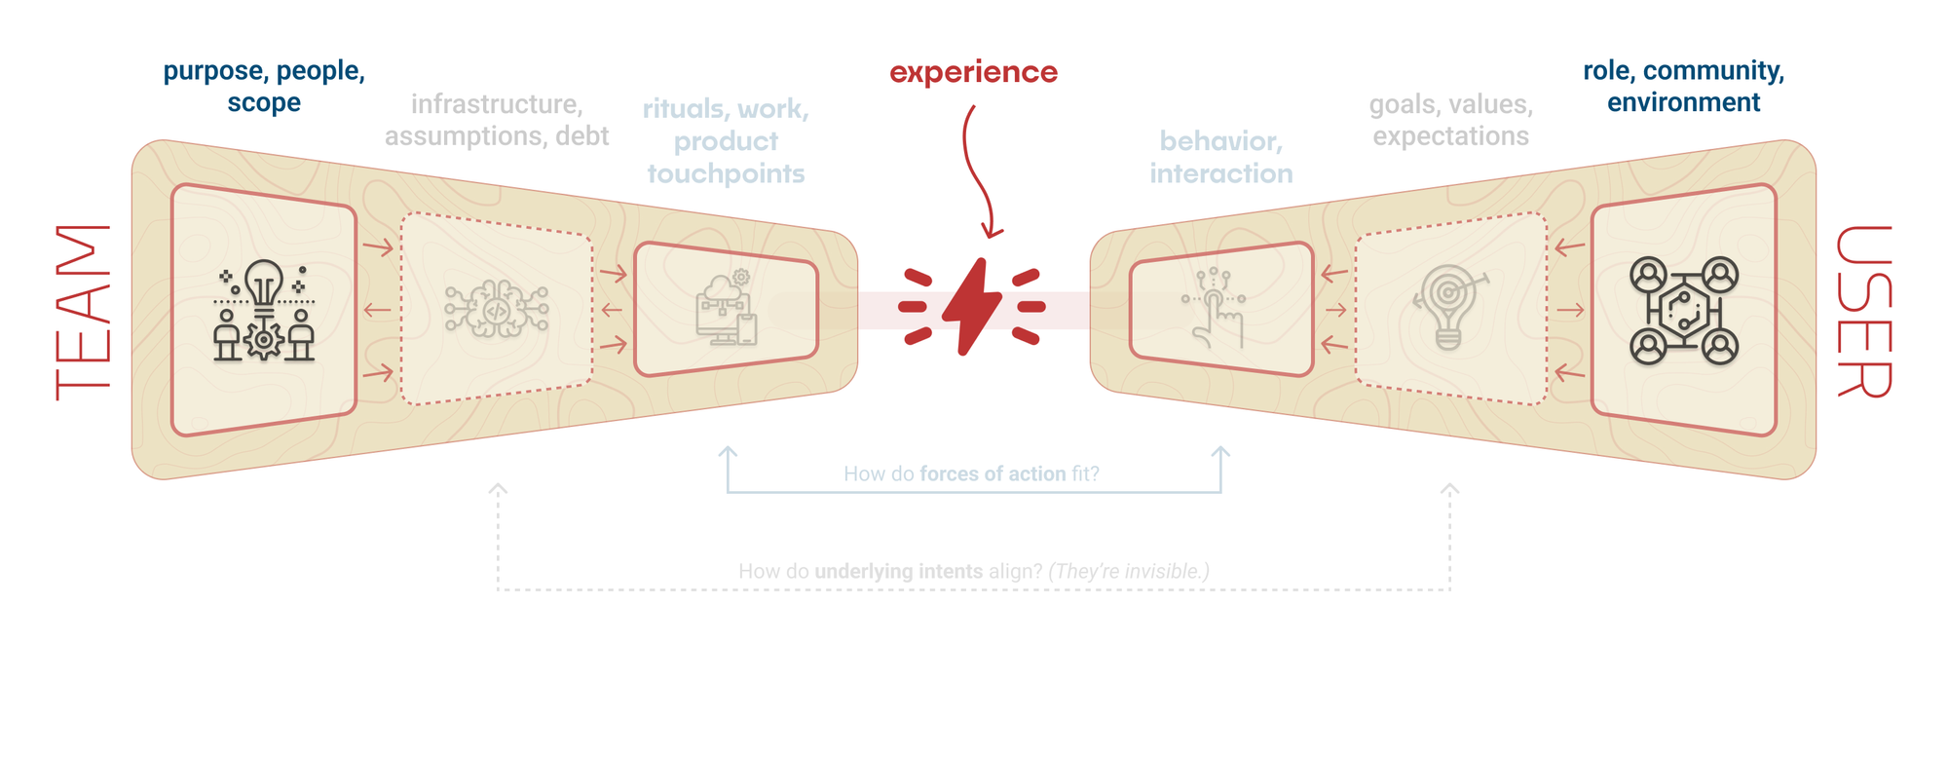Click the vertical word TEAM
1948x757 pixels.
(x=83, y=312)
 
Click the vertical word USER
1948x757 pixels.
(x=1863, y=312)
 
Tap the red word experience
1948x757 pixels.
(x=973, y=72)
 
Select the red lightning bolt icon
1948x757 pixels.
(x=972, y=307)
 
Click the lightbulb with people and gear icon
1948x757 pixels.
(x=264, y=311)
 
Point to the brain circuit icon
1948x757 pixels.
(x=496, y=309)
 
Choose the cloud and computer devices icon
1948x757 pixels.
(x=727, y=308)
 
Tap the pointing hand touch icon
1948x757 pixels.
(x=1216, y=308)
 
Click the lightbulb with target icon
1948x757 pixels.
(x=1449, y=306)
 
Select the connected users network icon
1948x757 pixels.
(x=1684, y=311)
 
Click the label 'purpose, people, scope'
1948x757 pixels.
(x=264, y=87)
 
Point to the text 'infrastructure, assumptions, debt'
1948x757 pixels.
(x=497, y=120)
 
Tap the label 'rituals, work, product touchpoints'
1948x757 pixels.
(x=726, y=141)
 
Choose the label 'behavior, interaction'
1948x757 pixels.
(x=1221, y=157)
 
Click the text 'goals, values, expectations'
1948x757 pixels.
(x=1450, y=120)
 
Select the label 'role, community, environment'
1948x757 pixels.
(x=1683, y=87)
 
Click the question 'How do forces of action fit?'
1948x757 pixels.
(x=971, y=474)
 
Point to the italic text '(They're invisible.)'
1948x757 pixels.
(x=1129, y=572)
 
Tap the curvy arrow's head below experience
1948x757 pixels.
(x=992, y=232)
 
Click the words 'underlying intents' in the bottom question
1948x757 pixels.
(x=898, y=572)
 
